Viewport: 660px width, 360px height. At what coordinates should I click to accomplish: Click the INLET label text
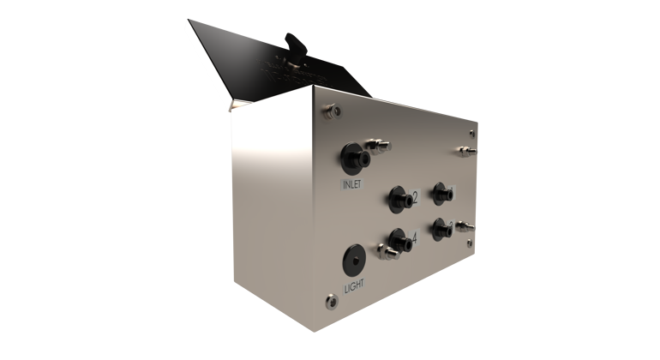pyautogui.click(x=352, y=184)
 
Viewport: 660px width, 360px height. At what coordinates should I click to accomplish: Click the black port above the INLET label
pyautogui.click(x=353, y=157)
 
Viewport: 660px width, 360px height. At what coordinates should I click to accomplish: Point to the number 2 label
pyautogui.click(x=415, y=198)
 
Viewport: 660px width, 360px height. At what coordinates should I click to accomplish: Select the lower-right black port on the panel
pyautogui.click(x=442, y=228)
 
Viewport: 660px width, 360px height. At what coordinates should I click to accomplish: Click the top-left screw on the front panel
pyautogui.click(x=328, y=110)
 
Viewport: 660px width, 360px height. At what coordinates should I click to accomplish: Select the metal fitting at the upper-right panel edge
pyautogui.click(x=465, y=151)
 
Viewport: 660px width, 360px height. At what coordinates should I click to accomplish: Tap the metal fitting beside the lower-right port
pyautogui.click(x=465, y=226)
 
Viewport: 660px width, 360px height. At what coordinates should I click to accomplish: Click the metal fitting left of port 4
pyautogui.click(x=387, y=253)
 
